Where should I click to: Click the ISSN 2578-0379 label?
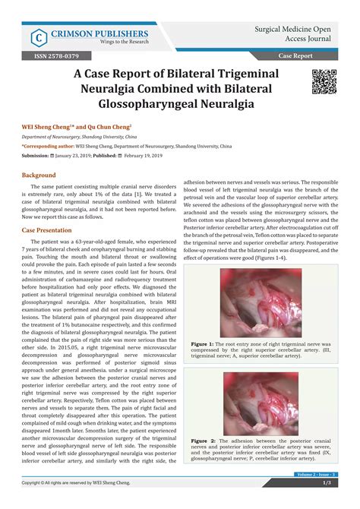click(x=52, y=56)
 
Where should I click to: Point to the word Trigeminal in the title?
click(x=240, y=74)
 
